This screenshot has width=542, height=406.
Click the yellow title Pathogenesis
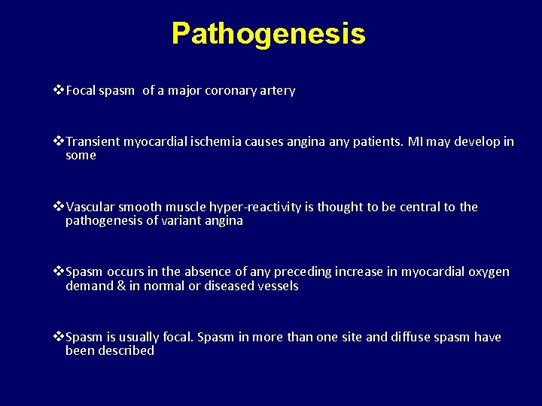268,34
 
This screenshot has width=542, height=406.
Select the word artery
277,91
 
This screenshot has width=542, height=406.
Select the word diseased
223,286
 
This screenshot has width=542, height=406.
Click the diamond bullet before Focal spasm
59,91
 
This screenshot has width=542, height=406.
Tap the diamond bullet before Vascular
59,207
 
